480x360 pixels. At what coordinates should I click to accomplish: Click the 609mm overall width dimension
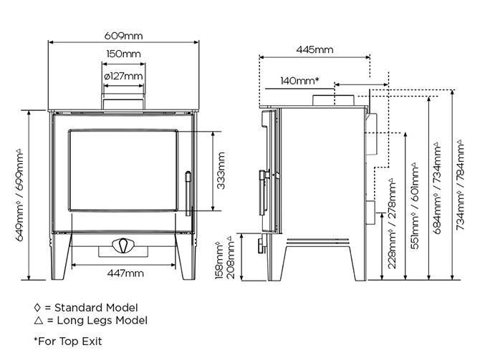(x=123, y=36)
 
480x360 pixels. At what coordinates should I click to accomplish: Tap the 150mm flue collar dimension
(x=123, y=54)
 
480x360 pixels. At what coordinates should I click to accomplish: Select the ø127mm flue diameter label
(x=123, y=76)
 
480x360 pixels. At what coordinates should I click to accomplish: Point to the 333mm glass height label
(x=221, y=170)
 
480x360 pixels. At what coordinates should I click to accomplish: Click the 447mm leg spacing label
(x=125, y=273)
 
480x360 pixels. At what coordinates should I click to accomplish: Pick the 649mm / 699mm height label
(x=19, y=195)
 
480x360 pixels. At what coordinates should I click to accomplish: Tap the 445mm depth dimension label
(x=315, y=49)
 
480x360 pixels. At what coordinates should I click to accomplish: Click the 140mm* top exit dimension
(x=300, y=81)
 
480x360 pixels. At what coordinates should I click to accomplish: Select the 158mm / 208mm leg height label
(x=225, y=257)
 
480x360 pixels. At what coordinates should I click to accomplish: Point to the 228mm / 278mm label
(x=392, y=224)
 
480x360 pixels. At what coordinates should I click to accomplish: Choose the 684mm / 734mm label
(x=438, y=188)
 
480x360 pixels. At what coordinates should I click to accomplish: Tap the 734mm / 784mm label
(x=461, y=185)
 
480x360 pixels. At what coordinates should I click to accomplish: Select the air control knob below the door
(x=123, y=245)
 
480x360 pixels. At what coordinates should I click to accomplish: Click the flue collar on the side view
(x=333, y=100)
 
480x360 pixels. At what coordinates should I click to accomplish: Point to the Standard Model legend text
(x=96, y=307)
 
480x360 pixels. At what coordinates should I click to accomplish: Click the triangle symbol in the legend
(x=39, y=320)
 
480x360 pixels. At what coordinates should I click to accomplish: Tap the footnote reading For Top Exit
(x=68, y=341)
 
